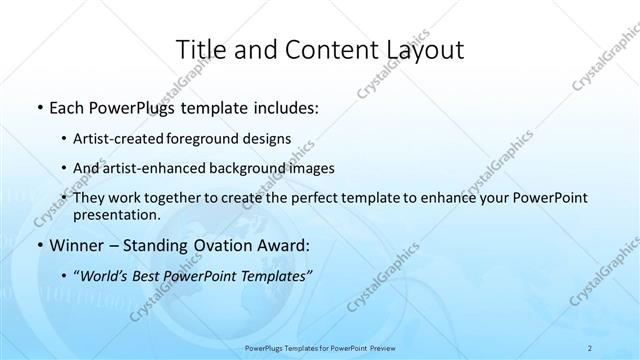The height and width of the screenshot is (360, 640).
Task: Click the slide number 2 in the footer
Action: [591, 348]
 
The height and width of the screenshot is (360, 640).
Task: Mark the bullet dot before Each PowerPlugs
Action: [38, 107]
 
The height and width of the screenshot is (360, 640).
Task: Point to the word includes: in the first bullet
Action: [283, 106]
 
